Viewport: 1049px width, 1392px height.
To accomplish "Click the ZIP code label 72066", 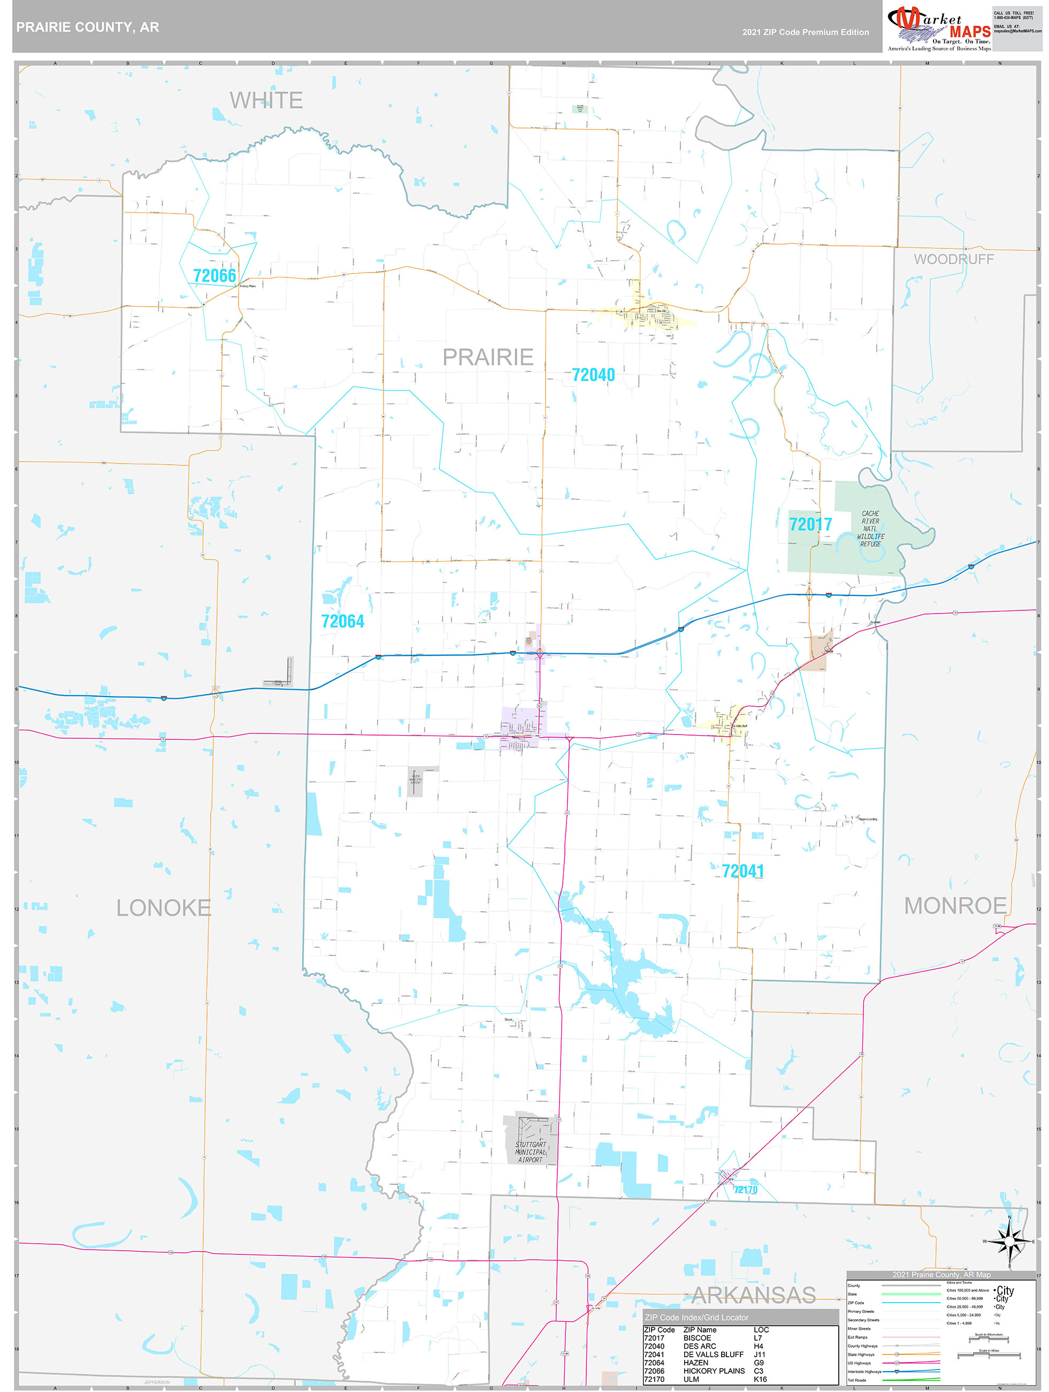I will (x=215, y=276).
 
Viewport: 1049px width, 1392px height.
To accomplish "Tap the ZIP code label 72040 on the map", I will (x=593, y=375).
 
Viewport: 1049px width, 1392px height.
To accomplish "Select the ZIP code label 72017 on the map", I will (x=810, y=524).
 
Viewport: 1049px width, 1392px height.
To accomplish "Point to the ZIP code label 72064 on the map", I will (x=343, y=622).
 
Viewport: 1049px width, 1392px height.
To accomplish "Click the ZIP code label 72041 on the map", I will (x=742, y=871).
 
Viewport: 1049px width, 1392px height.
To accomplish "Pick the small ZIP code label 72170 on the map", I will (x=745, y=1190).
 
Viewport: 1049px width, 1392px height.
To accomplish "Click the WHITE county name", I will (x=266, y=101).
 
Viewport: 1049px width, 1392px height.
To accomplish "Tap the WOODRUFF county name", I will (x=953, y=259).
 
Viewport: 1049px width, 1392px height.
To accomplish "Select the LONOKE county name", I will (x=164, y=908).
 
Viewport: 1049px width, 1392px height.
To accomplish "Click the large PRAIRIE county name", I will (x=488, y=358).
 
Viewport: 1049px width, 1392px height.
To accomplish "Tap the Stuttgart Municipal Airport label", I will (x=530, y=1152).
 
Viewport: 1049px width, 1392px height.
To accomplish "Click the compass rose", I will (x=1009, y=1242).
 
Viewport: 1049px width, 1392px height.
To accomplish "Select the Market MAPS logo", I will (x=939, y=28).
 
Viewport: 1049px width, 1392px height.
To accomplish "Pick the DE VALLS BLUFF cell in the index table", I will (x=713, y=1354).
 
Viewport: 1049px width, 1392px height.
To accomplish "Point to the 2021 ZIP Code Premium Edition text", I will (x=805, y=32).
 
